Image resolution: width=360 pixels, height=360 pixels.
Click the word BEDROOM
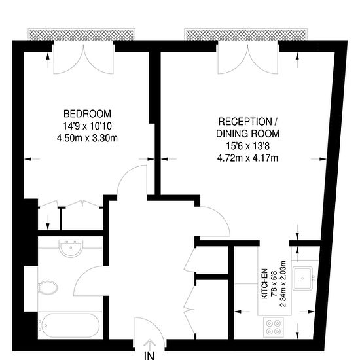(88, 113)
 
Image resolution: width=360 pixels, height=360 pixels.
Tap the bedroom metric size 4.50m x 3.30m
(88, 137)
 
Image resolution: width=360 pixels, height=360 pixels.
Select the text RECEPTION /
(248, 122)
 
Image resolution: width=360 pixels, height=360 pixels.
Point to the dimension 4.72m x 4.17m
(248, 158)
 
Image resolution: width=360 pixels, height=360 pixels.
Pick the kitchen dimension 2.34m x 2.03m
(283, 283)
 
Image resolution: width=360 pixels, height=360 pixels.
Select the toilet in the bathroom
(48, 286)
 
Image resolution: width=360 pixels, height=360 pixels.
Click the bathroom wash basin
(69, 249)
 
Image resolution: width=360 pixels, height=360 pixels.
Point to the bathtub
(69, 325)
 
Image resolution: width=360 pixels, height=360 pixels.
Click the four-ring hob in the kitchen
(274, 325)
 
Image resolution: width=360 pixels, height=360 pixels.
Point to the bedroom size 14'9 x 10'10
(88, 125)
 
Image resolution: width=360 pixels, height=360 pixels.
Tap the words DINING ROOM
(248, 134)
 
